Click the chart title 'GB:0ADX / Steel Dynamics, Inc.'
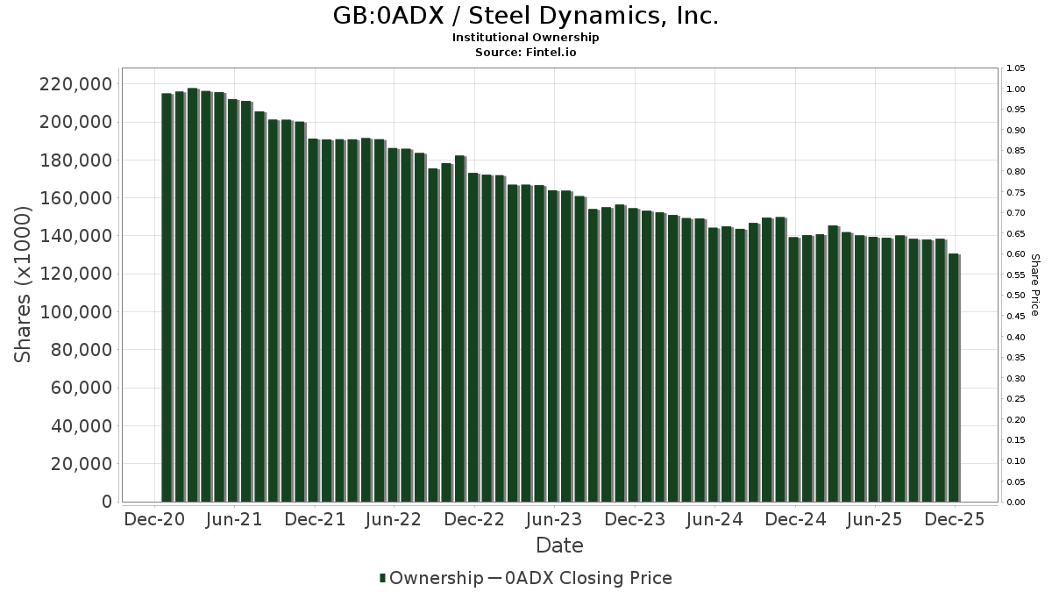[x=525, y=16]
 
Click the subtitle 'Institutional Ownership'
[x=525, y=38]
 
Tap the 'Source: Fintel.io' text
[x=525, y=52]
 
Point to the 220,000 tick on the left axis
[x=75, y=84]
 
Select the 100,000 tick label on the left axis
[x=75, y=312]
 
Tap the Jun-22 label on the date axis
[x=394, y=520]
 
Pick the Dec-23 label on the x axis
[x=634, y=520]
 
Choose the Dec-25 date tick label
[x=955, y=520]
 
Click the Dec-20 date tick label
[x=154, y=520]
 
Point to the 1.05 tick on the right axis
[x=1016, y=68]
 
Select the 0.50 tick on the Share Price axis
[x=1016, y=296]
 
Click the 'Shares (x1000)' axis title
[x=24, y=284]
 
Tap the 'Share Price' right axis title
[x=1034, y=285]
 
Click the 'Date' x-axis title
[x=559, y=546]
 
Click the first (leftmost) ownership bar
[x=167, y=297]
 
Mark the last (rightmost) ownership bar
[x=953, y=378]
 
